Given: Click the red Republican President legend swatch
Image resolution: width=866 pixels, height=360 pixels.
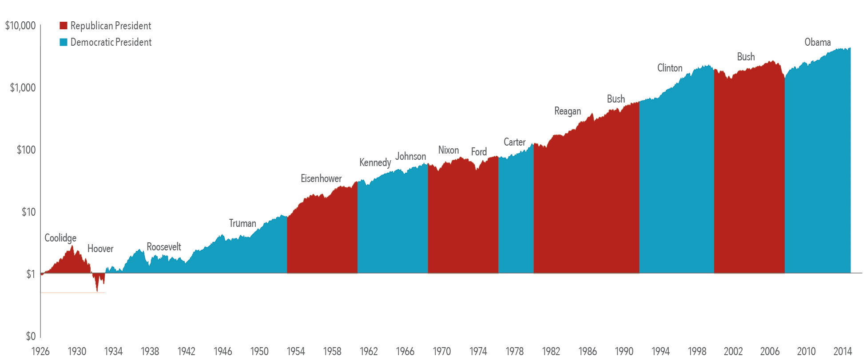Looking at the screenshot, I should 63,26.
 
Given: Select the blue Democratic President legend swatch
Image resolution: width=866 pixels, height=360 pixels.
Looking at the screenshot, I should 63,42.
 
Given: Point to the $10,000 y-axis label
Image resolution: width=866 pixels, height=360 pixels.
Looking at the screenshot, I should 20,26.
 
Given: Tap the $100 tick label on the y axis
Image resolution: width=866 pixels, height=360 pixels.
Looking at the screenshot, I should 26,150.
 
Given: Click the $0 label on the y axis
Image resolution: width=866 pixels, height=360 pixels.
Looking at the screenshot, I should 31,336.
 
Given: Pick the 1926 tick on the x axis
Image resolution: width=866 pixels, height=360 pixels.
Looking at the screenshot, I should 40,352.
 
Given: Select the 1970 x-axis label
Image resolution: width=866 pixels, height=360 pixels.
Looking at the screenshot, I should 442,352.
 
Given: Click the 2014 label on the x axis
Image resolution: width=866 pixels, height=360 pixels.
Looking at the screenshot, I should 842,352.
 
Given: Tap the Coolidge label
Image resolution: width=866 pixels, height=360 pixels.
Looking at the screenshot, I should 60,238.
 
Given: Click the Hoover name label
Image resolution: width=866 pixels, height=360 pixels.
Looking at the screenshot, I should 100,249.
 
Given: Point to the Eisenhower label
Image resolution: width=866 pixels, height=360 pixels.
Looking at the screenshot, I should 321,178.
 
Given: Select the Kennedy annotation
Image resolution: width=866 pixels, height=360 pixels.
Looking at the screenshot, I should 375,162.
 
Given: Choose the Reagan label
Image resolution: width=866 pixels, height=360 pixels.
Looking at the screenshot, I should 568,111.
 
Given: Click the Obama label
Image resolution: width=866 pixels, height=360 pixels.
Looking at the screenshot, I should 818,42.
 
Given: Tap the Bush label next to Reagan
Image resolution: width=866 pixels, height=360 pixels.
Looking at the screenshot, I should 616,99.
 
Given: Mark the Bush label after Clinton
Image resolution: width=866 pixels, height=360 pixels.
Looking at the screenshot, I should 746,57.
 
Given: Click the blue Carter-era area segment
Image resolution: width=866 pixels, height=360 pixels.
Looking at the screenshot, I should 516,213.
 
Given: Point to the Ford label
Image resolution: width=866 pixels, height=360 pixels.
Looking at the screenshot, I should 479,152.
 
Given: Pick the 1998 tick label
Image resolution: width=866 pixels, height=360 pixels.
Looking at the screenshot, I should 697,352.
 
